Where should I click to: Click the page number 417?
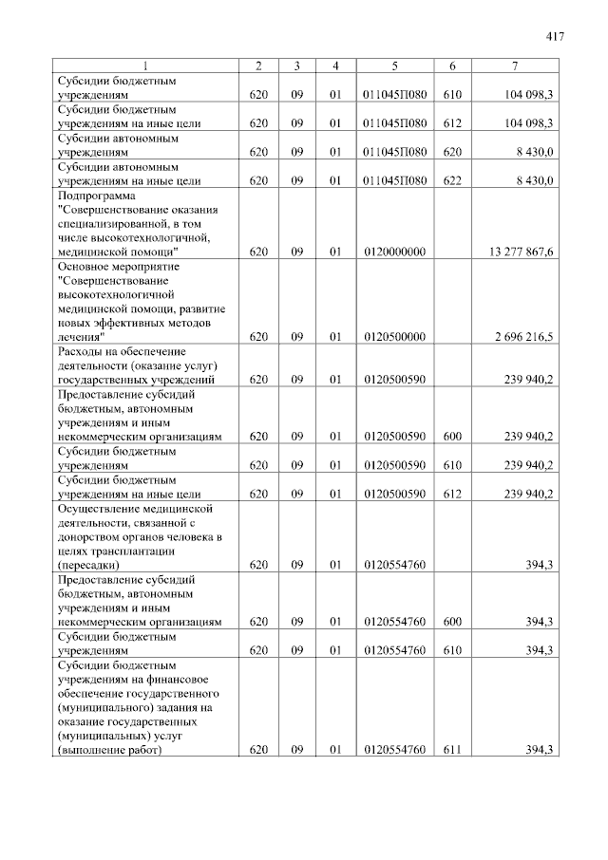pos(556,37)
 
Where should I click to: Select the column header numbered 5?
pos(394,65)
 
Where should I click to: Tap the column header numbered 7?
pos(514,65)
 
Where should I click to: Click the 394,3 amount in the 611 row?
pos(539,750)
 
